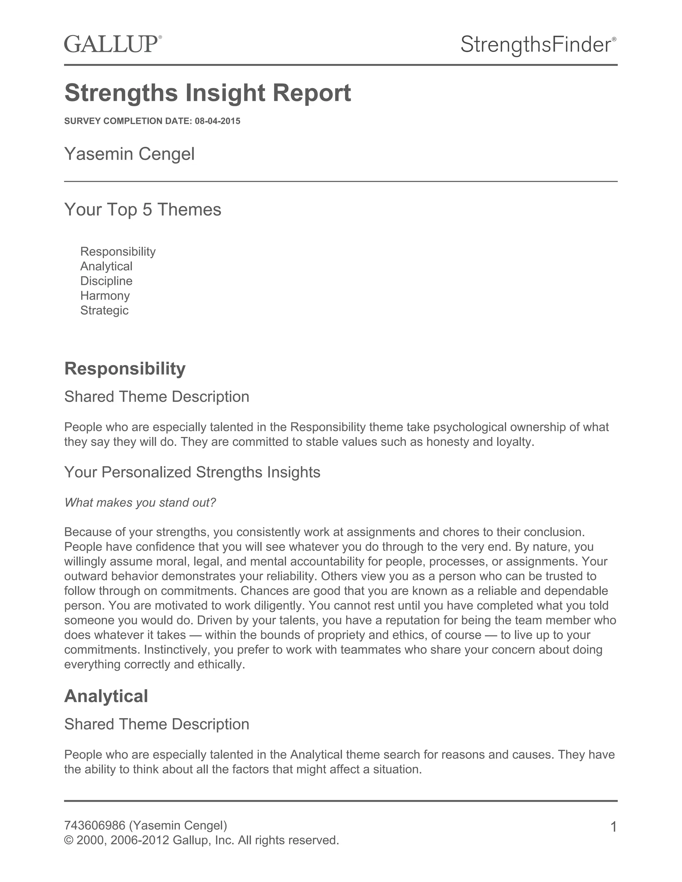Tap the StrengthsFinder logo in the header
point(538,44)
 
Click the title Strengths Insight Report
point(208,93)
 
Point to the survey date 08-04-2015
point(217,121)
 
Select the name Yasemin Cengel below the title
point(129,154)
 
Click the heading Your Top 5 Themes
point(143,210)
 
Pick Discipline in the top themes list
point(106,281)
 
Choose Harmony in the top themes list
point(105,296)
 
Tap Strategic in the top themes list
point(104,310)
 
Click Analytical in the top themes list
point(106,266)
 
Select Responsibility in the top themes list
point(118,252)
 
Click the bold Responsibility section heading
point(125,368)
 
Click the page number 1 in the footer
point(613,827)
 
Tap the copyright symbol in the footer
point(69,840)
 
